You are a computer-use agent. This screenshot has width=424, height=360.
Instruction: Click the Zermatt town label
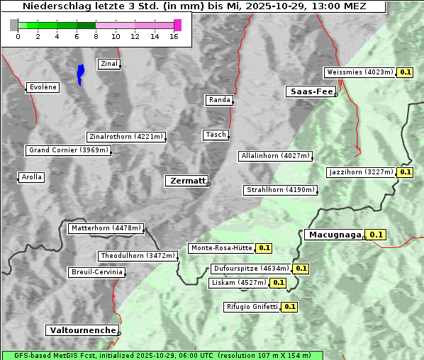pos(186,181)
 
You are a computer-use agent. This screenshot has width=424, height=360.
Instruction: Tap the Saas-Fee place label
pos(310,91)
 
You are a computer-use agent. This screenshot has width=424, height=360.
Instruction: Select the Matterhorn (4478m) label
pos(106,228)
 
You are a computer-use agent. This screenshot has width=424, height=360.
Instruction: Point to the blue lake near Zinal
pos(80,72)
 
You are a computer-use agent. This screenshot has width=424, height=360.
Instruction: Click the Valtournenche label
pos(82,330)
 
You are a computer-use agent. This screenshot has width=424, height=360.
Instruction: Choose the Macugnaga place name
pos(333,235)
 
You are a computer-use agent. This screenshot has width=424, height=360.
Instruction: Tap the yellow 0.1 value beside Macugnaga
pos(376,235)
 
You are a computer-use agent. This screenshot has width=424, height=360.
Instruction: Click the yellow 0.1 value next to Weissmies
pos(406,72)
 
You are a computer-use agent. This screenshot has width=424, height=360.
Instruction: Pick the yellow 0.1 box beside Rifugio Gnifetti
pos(289,307)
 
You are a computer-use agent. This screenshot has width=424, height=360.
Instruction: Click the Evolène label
pos(43,87)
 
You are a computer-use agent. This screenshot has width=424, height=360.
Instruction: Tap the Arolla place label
pos(31,177)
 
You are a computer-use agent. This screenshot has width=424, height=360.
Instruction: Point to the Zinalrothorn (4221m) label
pos(125,137)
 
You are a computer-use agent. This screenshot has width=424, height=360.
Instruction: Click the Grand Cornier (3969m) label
pos(69,150)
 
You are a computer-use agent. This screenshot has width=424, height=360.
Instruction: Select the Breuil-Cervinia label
pos(97,272)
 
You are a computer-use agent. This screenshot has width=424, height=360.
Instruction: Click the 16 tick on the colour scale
pos(174,36)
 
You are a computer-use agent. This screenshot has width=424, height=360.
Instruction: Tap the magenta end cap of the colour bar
pos(177,25)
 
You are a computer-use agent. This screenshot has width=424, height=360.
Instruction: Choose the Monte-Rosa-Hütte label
pos(221,248)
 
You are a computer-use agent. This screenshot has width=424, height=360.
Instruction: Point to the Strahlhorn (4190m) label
pos(280,190)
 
